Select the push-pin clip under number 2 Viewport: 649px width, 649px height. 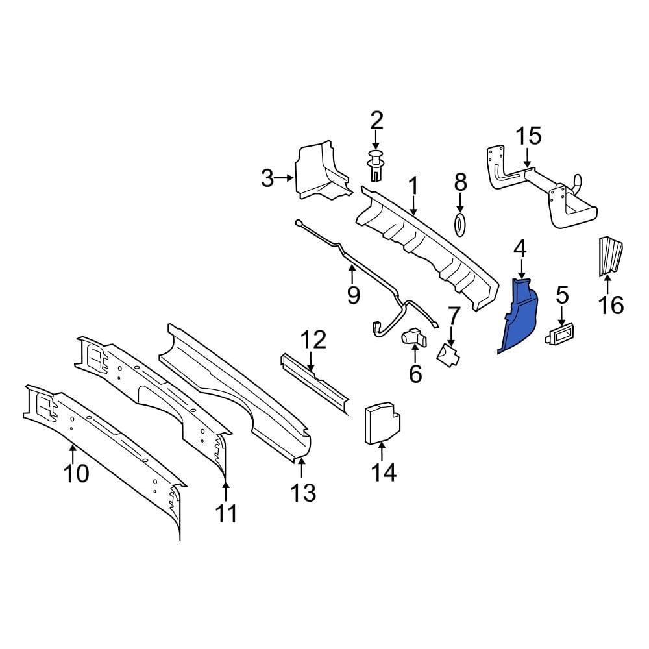[375, 165]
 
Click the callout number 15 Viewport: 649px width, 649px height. [528, 136]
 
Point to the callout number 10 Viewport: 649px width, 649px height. [77, 473]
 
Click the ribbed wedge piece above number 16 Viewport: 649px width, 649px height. [611, 256]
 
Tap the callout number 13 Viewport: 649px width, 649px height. [303, 493]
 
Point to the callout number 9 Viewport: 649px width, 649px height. [353, 295]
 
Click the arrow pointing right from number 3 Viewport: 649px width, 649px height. [285, 178]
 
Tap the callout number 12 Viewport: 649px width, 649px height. [313, 340]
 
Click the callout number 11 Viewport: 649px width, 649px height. [227, 513]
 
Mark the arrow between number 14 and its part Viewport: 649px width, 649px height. [381, 452]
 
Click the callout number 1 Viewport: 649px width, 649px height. [413, 186]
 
